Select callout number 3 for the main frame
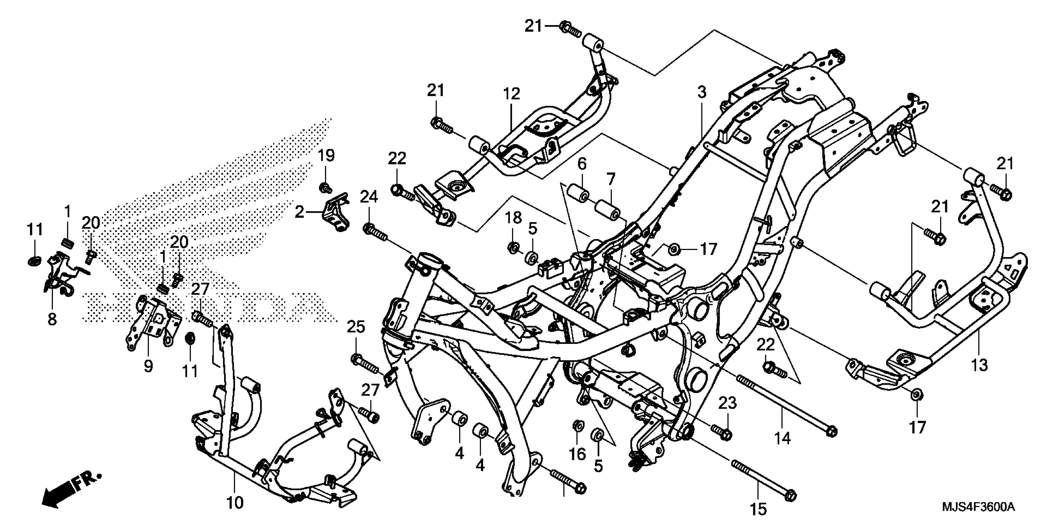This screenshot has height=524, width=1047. tap(702, 93)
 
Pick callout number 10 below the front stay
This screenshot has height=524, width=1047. tap(235, 503)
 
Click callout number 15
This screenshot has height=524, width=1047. tap(758, 509)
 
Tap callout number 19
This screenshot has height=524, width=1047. tap(326, 155)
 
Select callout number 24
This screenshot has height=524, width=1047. tap(369, 197)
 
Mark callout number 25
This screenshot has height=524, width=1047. tap(356, 327)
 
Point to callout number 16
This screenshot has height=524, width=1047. tap(577, 454)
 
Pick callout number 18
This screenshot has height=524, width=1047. tap(513, 218)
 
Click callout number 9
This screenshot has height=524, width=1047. tap(148, 366)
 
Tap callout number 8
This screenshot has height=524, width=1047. tap(52, 319)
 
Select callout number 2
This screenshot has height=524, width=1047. tap(300, 212)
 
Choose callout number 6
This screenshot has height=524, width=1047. tap(582, 164)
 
